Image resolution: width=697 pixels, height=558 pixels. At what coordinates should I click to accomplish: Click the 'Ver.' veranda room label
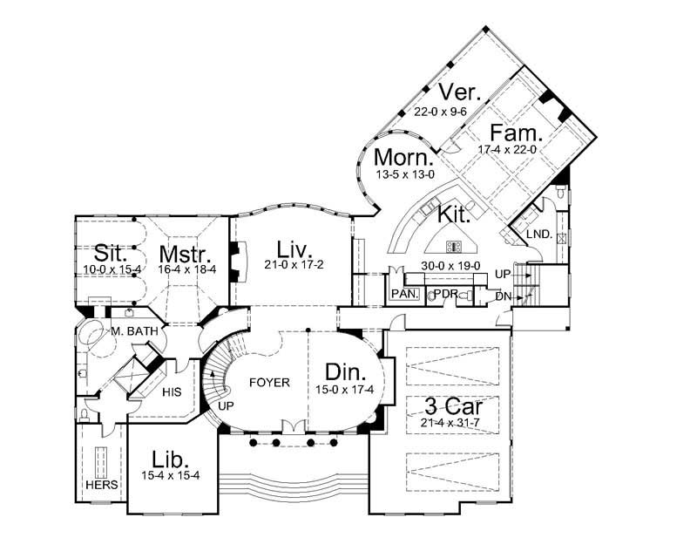point(457,92)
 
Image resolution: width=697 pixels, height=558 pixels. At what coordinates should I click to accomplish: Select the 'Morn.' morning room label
point(403,159)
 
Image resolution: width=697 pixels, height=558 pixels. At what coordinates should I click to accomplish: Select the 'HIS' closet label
point(171,391)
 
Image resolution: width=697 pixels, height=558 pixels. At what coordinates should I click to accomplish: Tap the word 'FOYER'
point(268,382)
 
